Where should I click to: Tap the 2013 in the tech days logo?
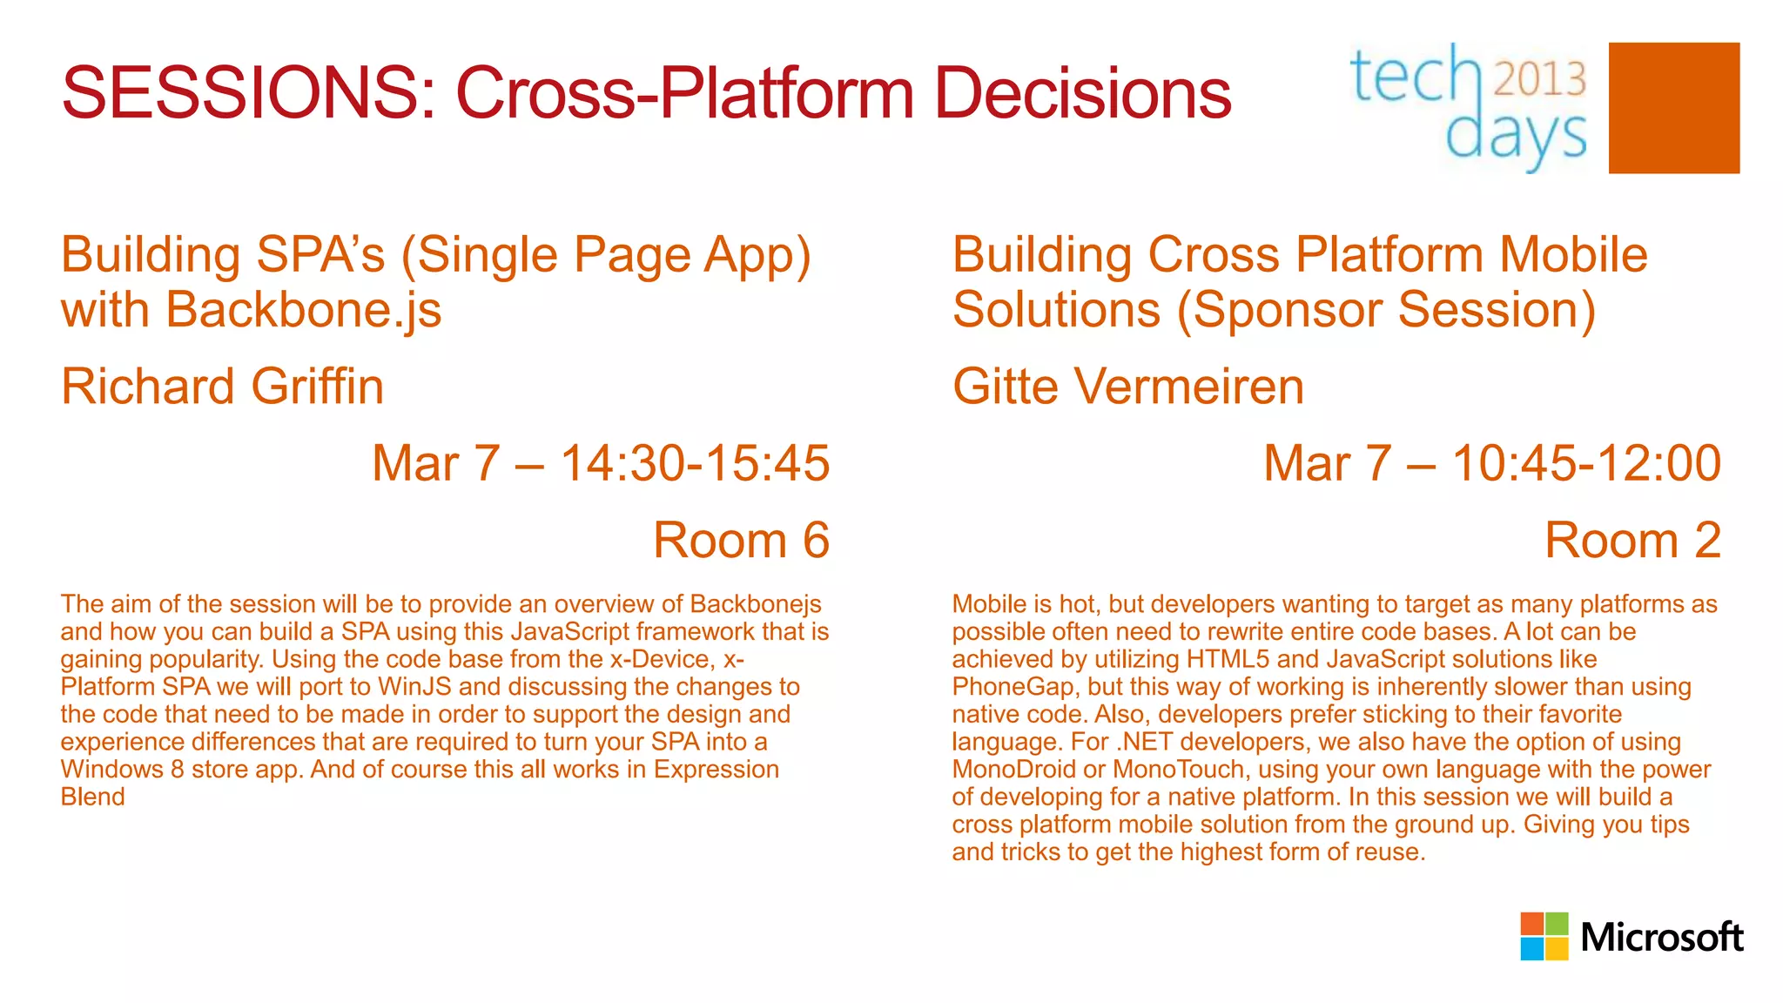(1540, 79)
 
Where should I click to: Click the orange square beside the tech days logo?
(1673, 108)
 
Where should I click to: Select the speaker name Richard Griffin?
(222, 387)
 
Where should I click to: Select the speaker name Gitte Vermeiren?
(1127, 387)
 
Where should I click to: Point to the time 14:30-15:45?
(694, 463)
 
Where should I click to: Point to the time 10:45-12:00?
(1586, 463)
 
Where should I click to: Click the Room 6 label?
(741, 541)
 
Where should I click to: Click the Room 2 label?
(1632, 541)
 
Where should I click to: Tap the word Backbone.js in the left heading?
(303, 310)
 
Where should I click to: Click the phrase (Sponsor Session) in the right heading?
(1386, 310)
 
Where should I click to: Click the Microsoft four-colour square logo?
(1544, 936)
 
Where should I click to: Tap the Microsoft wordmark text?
(1661, 938)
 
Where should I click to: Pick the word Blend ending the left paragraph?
(92, 797)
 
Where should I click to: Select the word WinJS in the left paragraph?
(414, 687)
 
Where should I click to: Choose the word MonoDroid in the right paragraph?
(1013, 770)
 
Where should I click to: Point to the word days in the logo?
(1515, 138)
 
